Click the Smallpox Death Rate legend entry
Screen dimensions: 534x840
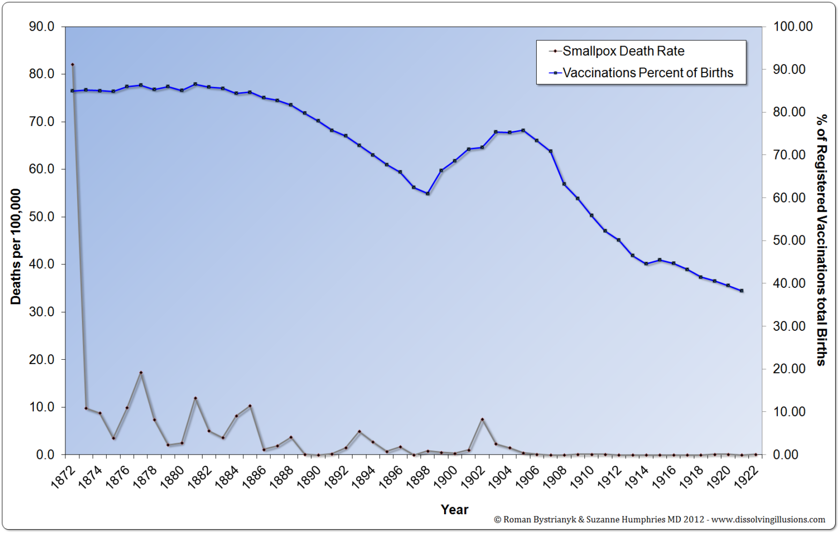[x=622, y=51]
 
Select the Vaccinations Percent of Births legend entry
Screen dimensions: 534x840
[x=647, y=73]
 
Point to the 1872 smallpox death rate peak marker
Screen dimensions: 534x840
[x=72, y=65]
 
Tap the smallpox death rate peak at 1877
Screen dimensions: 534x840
[x=141, y=373]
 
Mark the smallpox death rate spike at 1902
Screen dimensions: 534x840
[x=482, y=419]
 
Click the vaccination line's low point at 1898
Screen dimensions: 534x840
[x=427, y=194]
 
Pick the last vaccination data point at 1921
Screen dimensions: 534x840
[x=741, y=291]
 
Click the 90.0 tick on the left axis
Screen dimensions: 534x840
[x=41, y=27]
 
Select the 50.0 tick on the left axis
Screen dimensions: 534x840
[x=41, y=217]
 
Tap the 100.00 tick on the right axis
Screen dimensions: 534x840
[x=792, y=27]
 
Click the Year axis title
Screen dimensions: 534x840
[x=454, y=509]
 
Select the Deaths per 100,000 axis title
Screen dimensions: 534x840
[x=16, y=247]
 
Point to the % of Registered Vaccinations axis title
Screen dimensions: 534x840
[x=821, y=240]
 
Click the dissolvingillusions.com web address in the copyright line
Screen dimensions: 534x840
[x=768, y=520]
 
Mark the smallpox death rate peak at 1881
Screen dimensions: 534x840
[x=196, y=398]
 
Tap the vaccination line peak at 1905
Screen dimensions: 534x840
[x=523, y=130]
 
